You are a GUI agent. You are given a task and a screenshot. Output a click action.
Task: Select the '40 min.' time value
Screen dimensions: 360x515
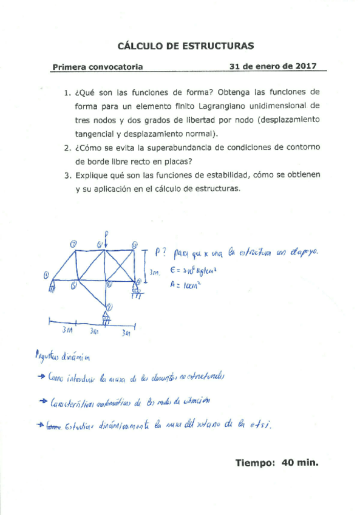[x=299, y=463]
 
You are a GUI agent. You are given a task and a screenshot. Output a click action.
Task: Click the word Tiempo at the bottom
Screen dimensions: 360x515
[x=255, y=463]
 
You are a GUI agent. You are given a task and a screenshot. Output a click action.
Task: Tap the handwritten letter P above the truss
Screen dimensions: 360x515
[x=106, y=233]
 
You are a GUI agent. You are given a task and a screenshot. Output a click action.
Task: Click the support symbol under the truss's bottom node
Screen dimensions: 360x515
[x=106, y=319]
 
